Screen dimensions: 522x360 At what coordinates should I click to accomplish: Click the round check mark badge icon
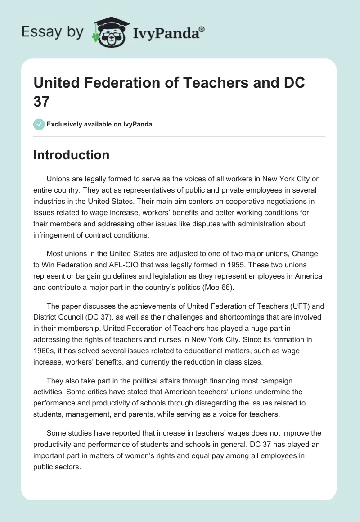click(39, 124)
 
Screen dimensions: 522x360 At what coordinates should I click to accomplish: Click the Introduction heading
click(71, 155)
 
